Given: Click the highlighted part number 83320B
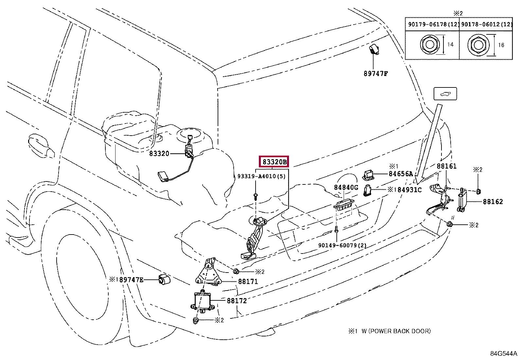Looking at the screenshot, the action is [274, 162].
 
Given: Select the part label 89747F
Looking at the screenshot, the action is [376, 74].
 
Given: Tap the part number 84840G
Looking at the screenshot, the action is [346, 187].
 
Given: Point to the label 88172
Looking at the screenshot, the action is [237, 301].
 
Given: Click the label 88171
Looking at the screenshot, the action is [248, 281].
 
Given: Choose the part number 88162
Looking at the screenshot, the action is [493, 201].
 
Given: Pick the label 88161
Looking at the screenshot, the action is [447, 166].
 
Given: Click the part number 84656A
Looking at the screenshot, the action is [401, 174].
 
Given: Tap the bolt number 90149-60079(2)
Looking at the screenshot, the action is [342, 245].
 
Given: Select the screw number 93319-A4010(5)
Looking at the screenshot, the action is [261, 176].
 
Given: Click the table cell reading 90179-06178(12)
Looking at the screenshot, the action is [433, 24].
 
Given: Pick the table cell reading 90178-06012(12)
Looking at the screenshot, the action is [486, 24].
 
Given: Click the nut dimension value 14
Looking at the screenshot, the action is [450, 44].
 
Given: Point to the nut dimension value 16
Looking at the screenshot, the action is [501, 45].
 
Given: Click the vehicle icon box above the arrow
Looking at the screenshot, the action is [445, 94].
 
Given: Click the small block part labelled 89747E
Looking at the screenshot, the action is [164, 279].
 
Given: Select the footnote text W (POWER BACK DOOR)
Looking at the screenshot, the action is [396, 331].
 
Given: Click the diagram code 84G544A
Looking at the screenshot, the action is [504, 353].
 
